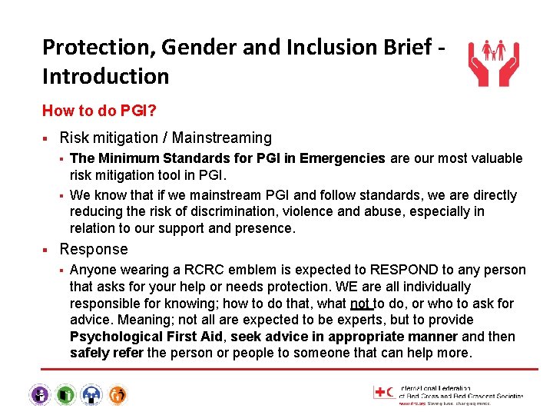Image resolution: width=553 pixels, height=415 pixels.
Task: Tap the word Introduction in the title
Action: click(x=105, y=76)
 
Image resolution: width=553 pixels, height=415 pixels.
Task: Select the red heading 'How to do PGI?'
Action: click(x=100, y=111)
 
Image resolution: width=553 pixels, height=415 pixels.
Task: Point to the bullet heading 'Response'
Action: click(x=94, y=249)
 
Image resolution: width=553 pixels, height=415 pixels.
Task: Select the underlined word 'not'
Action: click(x=360, y=304)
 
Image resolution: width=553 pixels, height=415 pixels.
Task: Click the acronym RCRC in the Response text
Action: click(x=194, y=270)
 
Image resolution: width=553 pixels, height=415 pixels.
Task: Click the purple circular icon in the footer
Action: click(x=39, y=395)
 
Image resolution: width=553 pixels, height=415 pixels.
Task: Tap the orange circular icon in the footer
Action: click(x=118, y=395)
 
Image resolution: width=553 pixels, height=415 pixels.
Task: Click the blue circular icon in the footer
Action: click(x=91, y=395)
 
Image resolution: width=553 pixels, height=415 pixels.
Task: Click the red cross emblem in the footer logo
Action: click(x=381, y=392)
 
